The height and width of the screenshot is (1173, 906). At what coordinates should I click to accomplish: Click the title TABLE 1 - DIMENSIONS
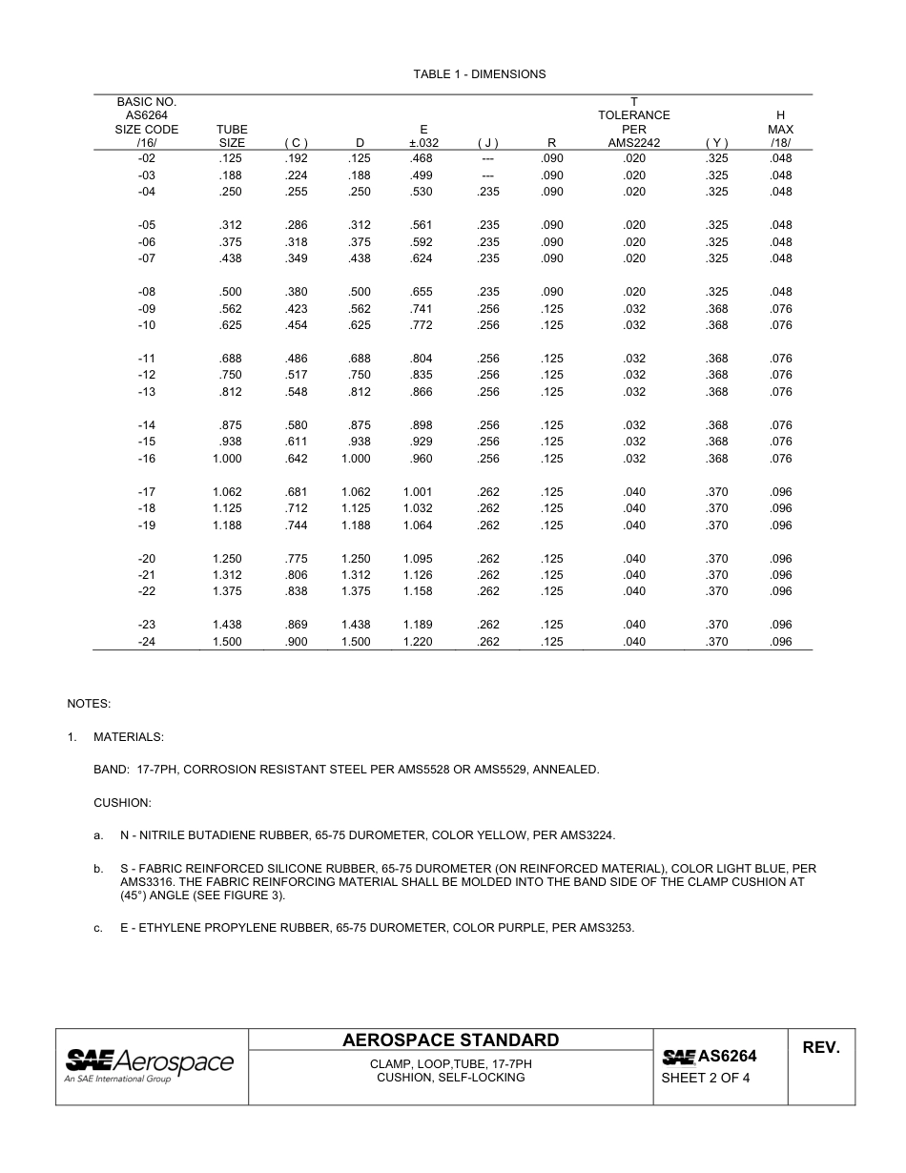[479, 74]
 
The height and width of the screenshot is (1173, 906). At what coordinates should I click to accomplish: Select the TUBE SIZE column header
[232, 136]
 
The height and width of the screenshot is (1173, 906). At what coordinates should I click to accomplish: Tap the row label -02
[147, 158]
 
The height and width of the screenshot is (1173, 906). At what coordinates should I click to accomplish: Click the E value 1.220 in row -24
[418, 642]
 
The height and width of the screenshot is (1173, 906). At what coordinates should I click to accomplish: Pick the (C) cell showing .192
[296, 158]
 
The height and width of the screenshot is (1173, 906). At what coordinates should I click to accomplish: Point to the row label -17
[147, 492]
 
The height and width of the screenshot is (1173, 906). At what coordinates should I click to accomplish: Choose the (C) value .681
[296, 492]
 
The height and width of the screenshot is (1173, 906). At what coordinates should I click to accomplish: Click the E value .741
[421, 309]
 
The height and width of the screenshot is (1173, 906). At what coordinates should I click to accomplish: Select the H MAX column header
[780, 129]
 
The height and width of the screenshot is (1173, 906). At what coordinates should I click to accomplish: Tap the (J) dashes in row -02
[487, 158]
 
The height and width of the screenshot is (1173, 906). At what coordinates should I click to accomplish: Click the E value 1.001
[418, 492]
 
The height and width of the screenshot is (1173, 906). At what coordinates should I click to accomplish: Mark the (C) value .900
[296, 642]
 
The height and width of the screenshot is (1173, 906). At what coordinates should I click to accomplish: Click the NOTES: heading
[89, 704]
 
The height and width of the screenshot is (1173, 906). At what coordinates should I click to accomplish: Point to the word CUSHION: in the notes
[122, 803]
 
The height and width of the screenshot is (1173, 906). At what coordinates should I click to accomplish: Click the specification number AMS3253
[606, 928]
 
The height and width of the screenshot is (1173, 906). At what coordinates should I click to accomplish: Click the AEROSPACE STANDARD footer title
[450, 1040]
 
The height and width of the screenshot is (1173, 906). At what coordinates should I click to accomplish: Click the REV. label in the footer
[820, 1048]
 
